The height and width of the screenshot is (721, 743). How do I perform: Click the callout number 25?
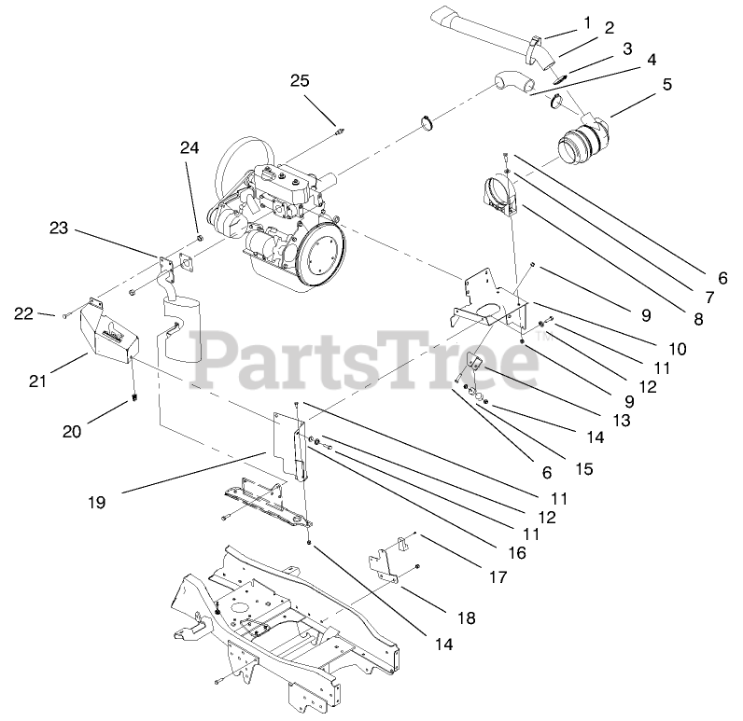[x=299, y=80]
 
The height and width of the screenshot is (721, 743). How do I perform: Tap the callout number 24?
[x=189, y=147]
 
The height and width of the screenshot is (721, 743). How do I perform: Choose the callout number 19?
[x=96, y=502]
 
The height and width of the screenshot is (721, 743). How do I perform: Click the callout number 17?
[x=498, y=577]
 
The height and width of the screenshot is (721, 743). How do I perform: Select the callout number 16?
[x=516, y=553]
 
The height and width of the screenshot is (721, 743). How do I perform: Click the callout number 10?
[x=678, y=348]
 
